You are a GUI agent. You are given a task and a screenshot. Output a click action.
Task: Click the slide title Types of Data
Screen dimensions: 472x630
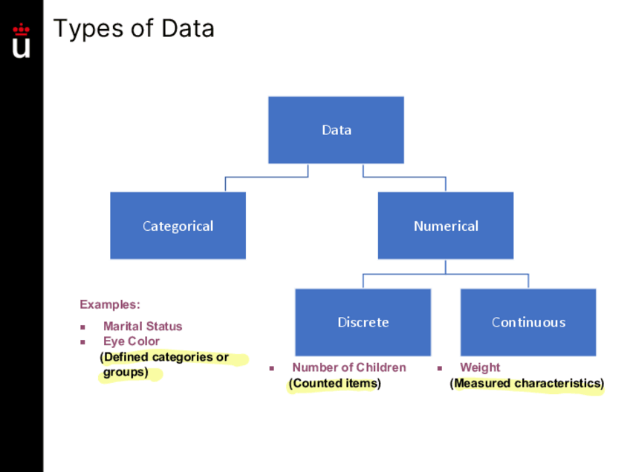click(134, 29)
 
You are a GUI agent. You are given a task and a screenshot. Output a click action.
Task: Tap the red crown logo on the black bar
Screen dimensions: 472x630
click(22, 30)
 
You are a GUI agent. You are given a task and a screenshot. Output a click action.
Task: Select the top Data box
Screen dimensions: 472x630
click(336, 130)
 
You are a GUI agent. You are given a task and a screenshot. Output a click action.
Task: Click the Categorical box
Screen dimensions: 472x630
click(178, 226)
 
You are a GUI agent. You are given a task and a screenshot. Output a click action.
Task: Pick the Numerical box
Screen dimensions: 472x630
click(445, 226)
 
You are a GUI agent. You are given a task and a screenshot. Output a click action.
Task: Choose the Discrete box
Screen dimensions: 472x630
click(363, 322)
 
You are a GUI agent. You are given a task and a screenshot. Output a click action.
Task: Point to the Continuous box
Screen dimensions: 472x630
click(528, 322)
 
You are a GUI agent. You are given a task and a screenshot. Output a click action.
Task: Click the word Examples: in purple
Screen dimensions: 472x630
click(109, 304)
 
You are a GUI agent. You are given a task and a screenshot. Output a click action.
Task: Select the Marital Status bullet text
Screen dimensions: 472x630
click(143, 327)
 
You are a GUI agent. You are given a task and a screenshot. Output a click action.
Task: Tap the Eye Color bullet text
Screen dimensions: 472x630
click(131, 341)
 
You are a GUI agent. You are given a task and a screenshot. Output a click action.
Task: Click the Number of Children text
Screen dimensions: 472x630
click(349, 367)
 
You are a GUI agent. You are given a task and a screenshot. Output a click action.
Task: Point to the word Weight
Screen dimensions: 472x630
click(480, 367)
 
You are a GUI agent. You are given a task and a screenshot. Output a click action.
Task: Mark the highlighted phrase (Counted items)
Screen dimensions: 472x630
click(334, 384)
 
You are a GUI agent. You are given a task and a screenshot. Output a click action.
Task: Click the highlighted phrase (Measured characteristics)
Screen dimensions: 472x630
click(527, 384)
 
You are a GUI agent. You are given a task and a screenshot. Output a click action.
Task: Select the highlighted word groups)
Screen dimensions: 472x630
click(126, 373)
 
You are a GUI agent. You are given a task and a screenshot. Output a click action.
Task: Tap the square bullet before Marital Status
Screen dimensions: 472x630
click(83, 327)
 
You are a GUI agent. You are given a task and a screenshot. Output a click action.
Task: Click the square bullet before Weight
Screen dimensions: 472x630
click(439, 368)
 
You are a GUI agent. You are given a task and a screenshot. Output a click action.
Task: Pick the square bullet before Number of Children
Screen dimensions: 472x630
click(272, 368)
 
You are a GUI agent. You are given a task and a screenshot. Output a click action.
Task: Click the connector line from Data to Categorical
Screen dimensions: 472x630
click(266, 177)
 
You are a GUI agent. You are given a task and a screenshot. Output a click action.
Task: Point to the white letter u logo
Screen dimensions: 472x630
click(22, 47)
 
